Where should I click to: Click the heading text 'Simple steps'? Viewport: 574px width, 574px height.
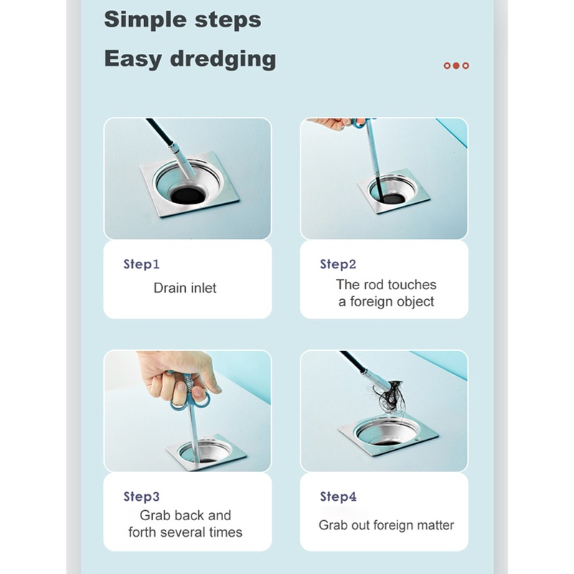pyautogui.click(x=183, y=19)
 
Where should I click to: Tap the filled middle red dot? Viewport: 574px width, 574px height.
pyautogui.click(x=456, y=65)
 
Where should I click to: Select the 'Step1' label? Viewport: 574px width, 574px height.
pyautogui.click(x=141, y=264)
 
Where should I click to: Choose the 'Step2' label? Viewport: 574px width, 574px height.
pyautogui.click(x=338, y=264)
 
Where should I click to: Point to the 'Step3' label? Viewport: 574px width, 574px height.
pyautogui.click(x=141, y=497)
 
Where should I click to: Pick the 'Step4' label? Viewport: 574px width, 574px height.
pyautogui.click(x=338, y=497)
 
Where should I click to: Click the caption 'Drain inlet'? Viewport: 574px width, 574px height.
pyautogui.click(x=185, y=288)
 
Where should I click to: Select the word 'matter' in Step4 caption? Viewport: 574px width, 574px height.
pyautogui.click(x=436, y=525)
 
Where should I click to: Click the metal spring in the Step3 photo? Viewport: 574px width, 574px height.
pyautogui.click(x=187, y=385)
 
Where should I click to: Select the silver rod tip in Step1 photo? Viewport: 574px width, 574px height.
pyautogui.click(x=182, y=162)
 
